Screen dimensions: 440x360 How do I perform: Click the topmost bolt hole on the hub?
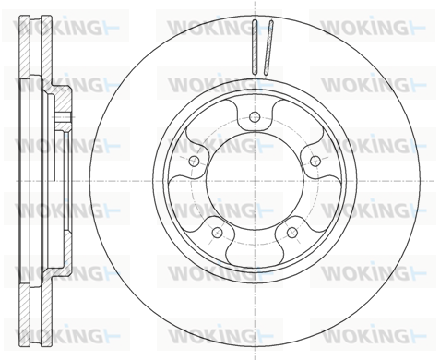[x=255, y=117]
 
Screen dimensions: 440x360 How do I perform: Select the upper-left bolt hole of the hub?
[x=194, y=161]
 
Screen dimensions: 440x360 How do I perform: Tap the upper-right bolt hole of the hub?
[x=315, y=161]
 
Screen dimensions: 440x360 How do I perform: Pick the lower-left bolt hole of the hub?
[x=217, y=233]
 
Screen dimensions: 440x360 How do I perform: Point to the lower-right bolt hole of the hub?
[x=291, y=233]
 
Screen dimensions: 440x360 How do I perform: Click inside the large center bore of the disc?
[x=255, y=181]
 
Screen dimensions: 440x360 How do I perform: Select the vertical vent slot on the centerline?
[x=255, y=47]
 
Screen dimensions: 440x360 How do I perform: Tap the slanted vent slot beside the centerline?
[x=268, y=48]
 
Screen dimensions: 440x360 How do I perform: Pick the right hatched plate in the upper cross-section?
[x=47, y=46]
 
